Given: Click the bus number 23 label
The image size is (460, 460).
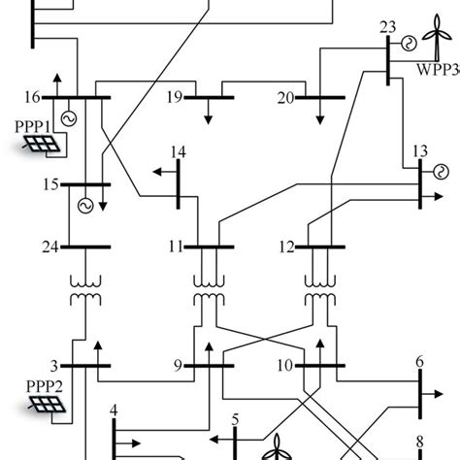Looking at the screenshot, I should [387, 26].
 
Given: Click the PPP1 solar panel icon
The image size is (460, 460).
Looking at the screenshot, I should [40, 145].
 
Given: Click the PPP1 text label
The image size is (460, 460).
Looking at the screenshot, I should [33, 126].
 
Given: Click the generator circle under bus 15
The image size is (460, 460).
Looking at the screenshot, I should [84, 205].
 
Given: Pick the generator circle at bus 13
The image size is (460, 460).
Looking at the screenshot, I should [438, 174].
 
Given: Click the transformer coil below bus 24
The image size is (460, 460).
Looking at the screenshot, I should [84, 286].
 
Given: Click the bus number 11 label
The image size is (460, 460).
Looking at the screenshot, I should [176, 246].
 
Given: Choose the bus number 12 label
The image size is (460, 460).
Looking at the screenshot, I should [284, 246].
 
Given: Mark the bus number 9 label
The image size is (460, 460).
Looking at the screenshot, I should [178, 366].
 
